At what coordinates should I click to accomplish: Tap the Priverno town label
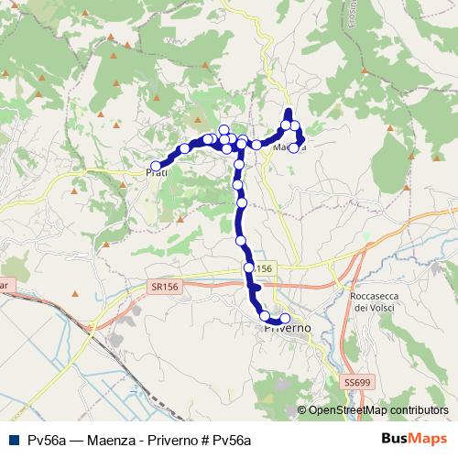(288, 327)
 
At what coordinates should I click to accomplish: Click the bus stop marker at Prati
(156, 166)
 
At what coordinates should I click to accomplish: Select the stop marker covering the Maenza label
(293, 147)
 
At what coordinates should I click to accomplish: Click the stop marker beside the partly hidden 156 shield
(248, 267)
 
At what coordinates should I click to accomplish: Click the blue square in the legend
(15, 440)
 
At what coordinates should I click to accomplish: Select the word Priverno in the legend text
(169, 440)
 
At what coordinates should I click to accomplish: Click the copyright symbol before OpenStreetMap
(301, 411)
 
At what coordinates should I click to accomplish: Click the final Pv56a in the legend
(232, 440)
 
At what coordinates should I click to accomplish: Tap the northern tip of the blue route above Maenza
(289, 111)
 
